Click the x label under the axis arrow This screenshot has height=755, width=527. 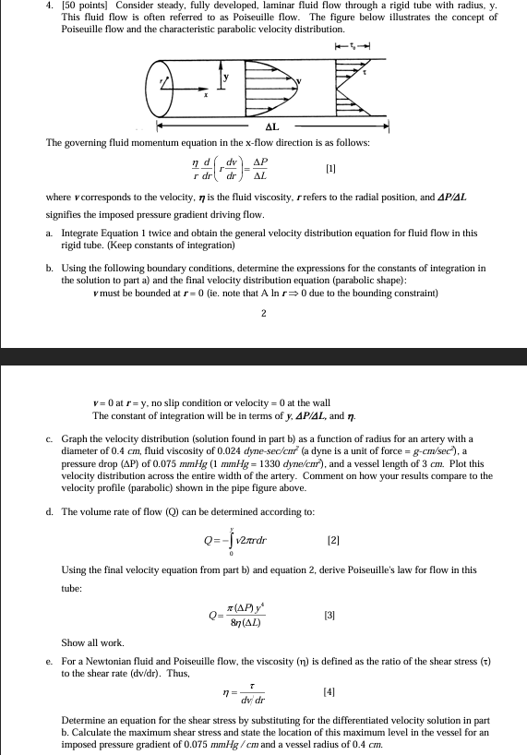pyautogui.click(x=206, y=97)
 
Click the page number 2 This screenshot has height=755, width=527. pyautogui.click(x=264, y=313)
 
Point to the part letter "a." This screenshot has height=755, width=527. pyautogui.click(x=51, y=234)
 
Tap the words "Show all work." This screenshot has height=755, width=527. pyautogui.click(x=88, y=641)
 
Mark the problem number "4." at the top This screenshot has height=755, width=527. pyautogui.click(x=24, y=6)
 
